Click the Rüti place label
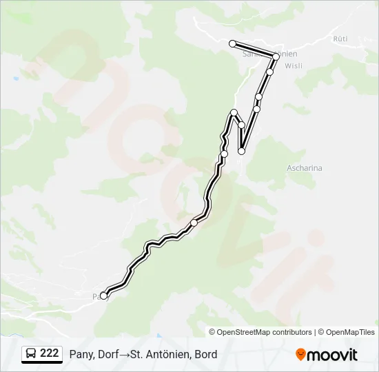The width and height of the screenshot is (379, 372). coord(340,39)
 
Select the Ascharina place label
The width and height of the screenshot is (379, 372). coord(304,167)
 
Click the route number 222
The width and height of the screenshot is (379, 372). coord(49,353)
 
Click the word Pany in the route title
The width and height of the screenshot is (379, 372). coord(81,354)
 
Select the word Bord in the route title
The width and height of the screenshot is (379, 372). coord(205,354)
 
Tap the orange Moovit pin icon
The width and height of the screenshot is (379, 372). coord(301,355)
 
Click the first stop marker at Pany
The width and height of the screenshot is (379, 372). coord(104,296)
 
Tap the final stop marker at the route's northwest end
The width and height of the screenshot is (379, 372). coord(232,43)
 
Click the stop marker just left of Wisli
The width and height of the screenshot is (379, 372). coord(270,72)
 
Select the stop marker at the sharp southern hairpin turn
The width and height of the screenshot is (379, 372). coord(241,151)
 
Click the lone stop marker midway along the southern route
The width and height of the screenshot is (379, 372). coord(194,223)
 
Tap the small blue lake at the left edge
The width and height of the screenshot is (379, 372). coord(15,79)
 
